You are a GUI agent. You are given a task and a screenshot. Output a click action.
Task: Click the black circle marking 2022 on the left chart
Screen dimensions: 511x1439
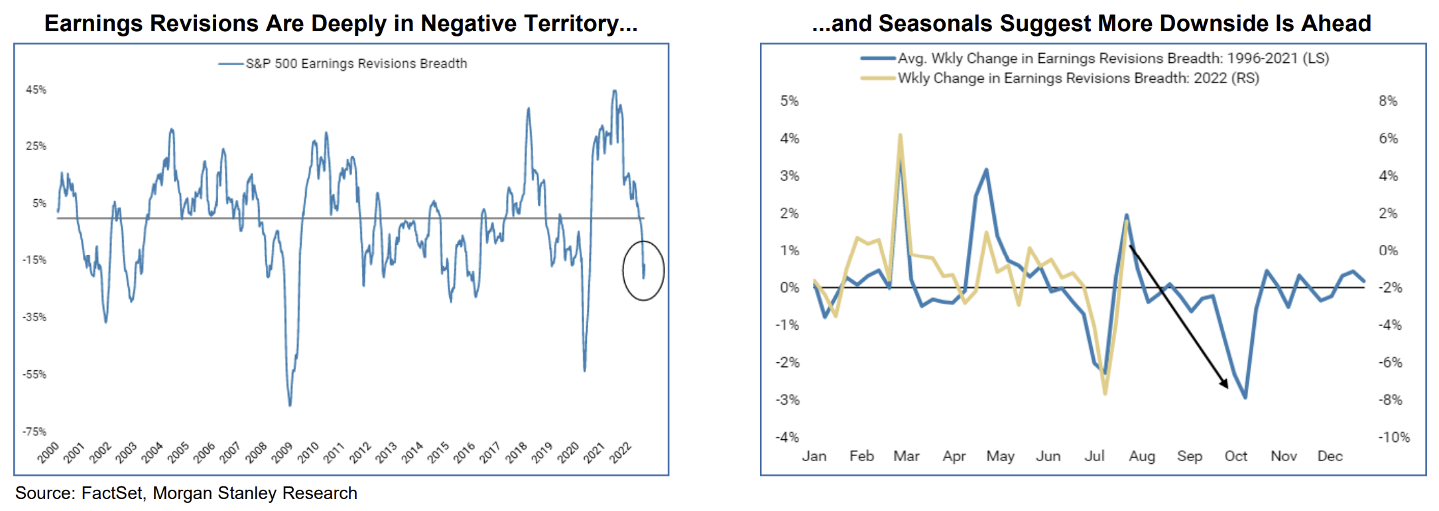click(643, 271)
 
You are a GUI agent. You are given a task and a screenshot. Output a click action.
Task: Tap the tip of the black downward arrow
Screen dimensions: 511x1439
click(1227, 387)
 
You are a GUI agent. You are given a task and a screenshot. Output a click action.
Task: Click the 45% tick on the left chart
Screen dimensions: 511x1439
click(36, 90)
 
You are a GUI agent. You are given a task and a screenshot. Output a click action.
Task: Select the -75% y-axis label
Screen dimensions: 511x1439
click(34, 432)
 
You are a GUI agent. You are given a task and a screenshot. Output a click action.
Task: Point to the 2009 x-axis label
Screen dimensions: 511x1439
click(282, 453)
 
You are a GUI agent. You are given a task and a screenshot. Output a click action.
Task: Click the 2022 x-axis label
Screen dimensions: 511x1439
click(620, 453)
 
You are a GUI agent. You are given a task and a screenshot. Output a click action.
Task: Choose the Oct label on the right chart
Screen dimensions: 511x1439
click(1235, 456)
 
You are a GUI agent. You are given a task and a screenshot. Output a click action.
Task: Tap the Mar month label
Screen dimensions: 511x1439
click(906, 456)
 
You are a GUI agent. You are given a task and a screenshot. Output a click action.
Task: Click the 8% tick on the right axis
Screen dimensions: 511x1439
click(1387, 101)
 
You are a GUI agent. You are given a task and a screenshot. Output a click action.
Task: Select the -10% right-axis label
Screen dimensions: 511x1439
click(1393, 437)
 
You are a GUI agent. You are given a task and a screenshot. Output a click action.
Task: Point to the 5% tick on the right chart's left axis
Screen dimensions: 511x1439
click(789, 101)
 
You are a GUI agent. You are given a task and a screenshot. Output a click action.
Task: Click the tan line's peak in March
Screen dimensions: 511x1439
click(900, 135)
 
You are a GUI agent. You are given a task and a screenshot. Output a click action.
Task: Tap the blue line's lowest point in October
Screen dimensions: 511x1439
click(1245, 398)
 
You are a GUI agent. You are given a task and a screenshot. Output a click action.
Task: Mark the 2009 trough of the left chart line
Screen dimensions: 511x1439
click(290, 405)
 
